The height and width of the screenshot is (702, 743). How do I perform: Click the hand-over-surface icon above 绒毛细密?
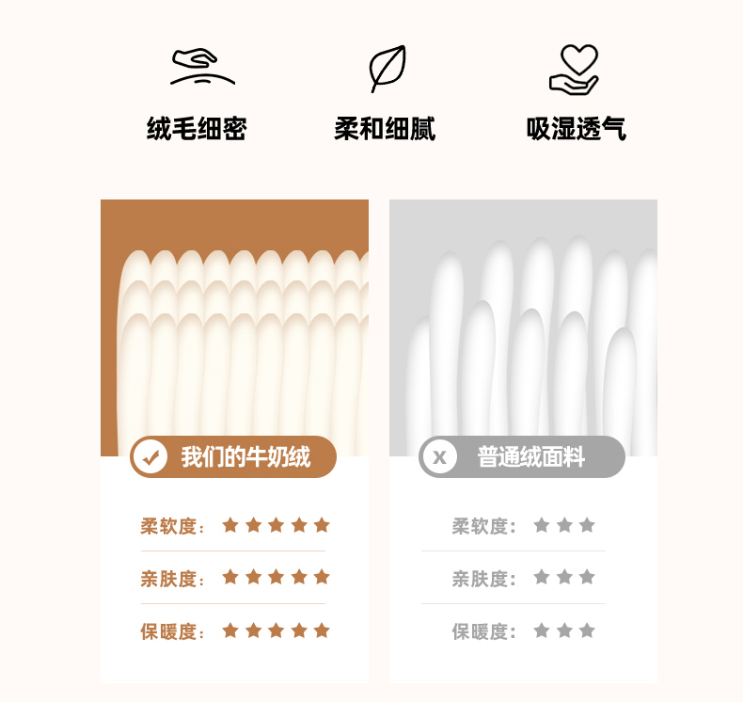[202, 67]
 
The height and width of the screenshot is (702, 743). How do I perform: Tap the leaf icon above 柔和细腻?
[387, 69]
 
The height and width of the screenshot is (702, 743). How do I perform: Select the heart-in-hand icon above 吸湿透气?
[574, 70]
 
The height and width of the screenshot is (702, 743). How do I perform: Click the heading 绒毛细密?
[197, 129]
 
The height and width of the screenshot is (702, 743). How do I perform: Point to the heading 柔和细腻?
[385, 129]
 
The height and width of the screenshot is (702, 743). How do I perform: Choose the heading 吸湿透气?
[577, 129]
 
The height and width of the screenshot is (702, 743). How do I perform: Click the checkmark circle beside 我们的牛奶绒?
[150, 457]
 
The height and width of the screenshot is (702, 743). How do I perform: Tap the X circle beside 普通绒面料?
[439, 457]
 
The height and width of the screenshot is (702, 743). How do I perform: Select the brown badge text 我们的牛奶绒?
[245, 457]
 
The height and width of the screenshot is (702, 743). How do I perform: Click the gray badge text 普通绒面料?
[531, 457]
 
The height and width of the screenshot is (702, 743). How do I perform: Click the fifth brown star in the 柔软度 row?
[322, 525]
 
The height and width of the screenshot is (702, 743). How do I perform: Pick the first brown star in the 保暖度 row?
[230, 630]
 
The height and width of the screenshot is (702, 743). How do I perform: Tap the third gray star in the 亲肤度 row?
[587, 578]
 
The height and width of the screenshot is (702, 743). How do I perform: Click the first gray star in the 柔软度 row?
[542, 525]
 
